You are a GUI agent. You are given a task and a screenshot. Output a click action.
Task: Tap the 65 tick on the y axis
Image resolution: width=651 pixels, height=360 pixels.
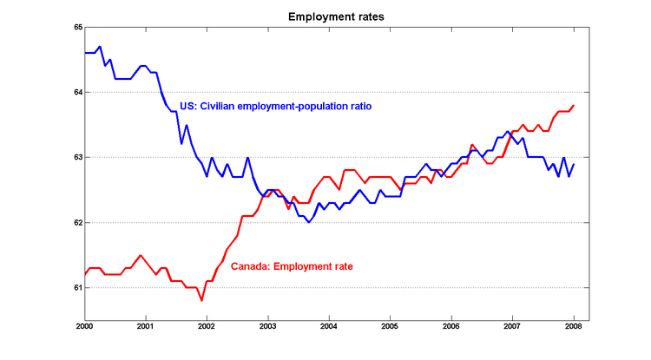[x=77, y=28]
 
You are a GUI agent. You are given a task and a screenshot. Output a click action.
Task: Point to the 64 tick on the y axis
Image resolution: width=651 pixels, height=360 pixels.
[x=77, y=92]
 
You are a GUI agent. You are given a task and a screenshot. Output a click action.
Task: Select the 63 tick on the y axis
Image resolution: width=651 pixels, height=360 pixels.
[x=77, y=157]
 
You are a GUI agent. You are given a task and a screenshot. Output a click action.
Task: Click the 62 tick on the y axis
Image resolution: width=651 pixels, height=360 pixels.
[x=77, y=222]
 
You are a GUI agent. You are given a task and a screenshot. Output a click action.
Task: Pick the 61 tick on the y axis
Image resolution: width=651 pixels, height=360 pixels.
[x=77, y=287]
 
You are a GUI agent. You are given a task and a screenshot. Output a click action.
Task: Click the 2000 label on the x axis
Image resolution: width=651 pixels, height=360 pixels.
[x=84, y=327]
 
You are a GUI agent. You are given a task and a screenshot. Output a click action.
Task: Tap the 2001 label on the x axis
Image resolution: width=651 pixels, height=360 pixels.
[x=145, y=327]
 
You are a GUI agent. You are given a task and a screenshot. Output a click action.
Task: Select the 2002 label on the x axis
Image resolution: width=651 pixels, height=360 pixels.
[x=207, y=327]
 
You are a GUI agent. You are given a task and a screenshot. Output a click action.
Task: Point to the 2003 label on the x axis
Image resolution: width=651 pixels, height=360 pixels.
[x=267, y=327]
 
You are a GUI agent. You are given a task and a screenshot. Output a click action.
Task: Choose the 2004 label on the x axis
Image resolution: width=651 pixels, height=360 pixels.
[x=329, y=327]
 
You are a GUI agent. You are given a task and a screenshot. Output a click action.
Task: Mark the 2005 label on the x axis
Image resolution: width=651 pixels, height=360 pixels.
[x=390, y=327]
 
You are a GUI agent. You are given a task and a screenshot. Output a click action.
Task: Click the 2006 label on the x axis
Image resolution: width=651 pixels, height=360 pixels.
[x=451, y=327]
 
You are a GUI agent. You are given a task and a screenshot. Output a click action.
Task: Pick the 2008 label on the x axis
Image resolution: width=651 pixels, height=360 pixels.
[x=574, y=327]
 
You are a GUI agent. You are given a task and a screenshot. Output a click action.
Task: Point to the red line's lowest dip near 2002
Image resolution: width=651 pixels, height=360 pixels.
[x=201, y=300]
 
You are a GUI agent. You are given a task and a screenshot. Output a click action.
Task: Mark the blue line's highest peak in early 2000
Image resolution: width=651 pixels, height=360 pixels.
[x=100, y=47]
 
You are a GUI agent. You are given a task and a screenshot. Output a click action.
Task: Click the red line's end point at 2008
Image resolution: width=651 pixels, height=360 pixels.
[x=574, y=105]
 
